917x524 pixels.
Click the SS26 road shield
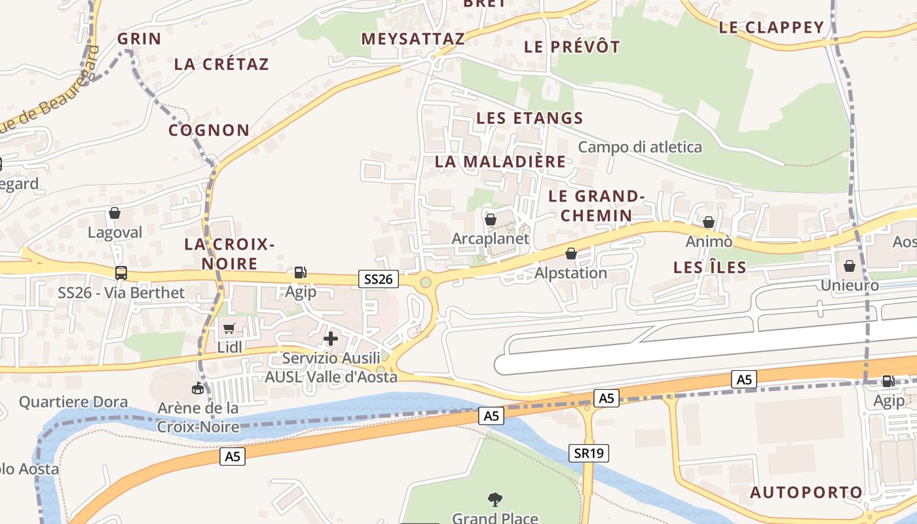379,280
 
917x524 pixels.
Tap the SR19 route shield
589,453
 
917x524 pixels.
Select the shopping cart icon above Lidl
229,328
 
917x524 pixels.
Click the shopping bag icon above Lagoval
115,213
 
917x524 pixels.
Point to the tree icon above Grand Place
495,500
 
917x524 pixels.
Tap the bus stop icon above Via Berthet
121,273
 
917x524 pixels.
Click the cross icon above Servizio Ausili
331,339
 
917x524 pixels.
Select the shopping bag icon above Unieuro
850,266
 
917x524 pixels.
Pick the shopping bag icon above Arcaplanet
490,219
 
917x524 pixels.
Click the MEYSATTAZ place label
413,39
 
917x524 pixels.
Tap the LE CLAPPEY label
771,28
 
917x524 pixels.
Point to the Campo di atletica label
640,147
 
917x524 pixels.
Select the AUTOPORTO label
806,493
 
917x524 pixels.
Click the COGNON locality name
209,130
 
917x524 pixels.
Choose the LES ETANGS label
529,119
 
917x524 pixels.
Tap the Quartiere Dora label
73,402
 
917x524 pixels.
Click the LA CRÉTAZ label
221,64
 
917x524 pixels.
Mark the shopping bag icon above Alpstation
571,253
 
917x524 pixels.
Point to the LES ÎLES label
710,267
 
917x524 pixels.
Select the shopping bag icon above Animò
709,223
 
